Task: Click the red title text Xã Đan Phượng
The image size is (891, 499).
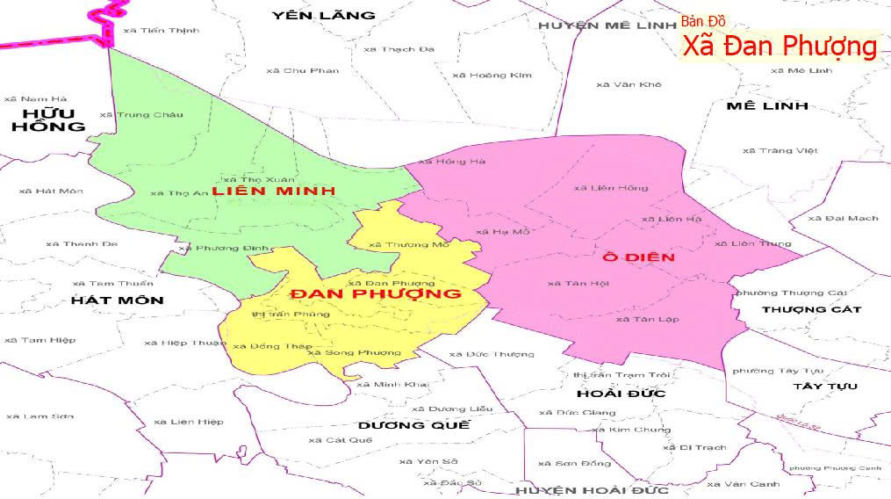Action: (x=780, y=47)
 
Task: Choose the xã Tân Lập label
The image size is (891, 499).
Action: (x=647, y=319)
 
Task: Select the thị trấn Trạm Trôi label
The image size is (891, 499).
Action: (x=621, y=375)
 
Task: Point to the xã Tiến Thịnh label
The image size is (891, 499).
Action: (x=162, y=30)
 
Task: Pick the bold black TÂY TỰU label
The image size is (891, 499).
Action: (x=824, y=387)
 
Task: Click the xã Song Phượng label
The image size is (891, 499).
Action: (x=354, y=352)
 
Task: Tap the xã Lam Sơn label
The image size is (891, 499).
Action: (x=40, y=416)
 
